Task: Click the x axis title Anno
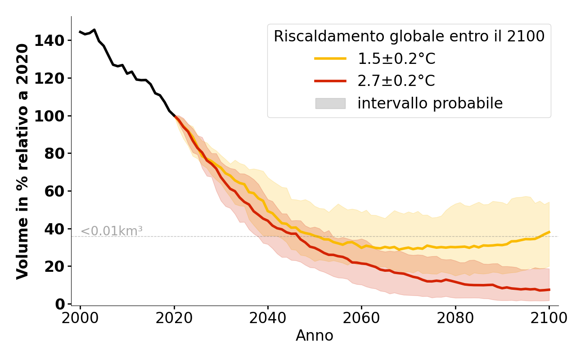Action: pos(315,336)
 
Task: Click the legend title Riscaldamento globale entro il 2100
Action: pos(409,36)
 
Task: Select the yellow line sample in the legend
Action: pos(330,58)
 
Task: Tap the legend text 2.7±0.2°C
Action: pos(396,81)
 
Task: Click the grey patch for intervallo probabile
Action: pos(330,103)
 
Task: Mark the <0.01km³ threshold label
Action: pos(112,231)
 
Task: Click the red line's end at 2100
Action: pos(549,289)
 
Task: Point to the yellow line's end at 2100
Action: pos(549,232)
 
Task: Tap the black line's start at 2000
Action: pos(80,32)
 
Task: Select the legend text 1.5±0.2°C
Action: pos(396,58)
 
